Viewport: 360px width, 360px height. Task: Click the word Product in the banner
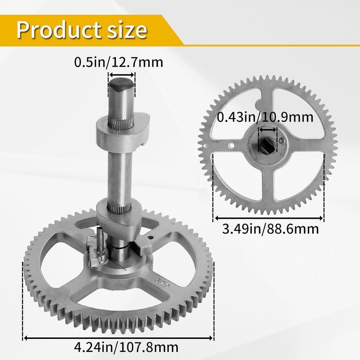(59, 30)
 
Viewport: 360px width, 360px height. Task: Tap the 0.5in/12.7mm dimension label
(118, 62)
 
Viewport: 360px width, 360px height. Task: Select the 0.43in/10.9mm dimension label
(265, 117)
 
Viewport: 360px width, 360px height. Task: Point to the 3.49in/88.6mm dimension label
(270, 229)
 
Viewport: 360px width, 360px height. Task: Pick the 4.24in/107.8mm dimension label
(126, 347)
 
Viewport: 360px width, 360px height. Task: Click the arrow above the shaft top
(121, 75)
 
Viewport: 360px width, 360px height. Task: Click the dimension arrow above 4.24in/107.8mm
(118, 338)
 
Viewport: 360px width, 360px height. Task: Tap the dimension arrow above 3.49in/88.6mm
(268, 218)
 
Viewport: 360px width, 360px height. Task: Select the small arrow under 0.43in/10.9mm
(268, 130)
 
